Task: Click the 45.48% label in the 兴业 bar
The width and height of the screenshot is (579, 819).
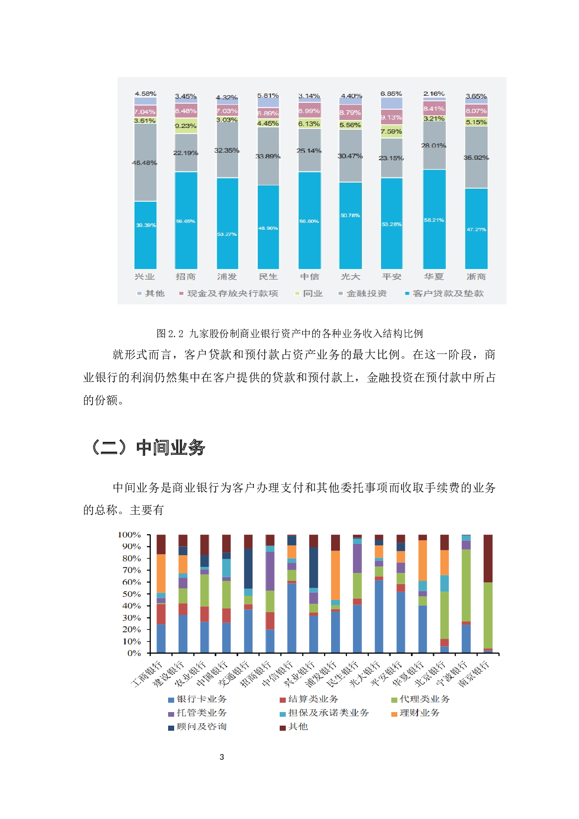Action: (145, 163)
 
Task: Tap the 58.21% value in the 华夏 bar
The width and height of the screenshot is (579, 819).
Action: (434, 220)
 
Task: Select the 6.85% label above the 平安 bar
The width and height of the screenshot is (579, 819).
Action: (391, 94)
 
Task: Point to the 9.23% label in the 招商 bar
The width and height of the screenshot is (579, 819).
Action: (186, 126)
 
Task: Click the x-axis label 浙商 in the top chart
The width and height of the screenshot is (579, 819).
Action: (476, 276)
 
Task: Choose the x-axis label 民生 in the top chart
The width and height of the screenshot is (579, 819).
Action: (268, 276)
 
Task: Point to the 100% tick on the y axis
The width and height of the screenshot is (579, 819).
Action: (129, 535)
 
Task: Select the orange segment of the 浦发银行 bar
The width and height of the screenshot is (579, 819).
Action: (335, 575)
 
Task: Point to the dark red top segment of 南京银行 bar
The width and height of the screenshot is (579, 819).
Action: (488, 558)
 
